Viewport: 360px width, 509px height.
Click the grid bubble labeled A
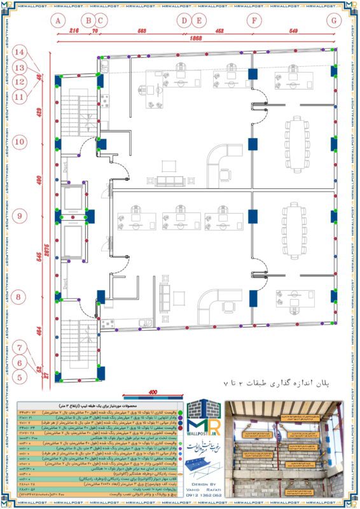[57, 20]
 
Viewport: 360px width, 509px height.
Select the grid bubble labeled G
[333, 20]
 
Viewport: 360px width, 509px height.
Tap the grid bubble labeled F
[254, 20]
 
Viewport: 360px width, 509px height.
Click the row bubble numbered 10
[20, 141]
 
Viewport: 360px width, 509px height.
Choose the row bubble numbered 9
[20, 216]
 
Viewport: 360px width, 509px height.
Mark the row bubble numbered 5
[20, 377]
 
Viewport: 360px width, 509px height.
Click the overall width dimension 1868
[195, 39]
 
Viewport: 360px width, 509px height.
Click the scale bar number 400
[153, 392]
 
